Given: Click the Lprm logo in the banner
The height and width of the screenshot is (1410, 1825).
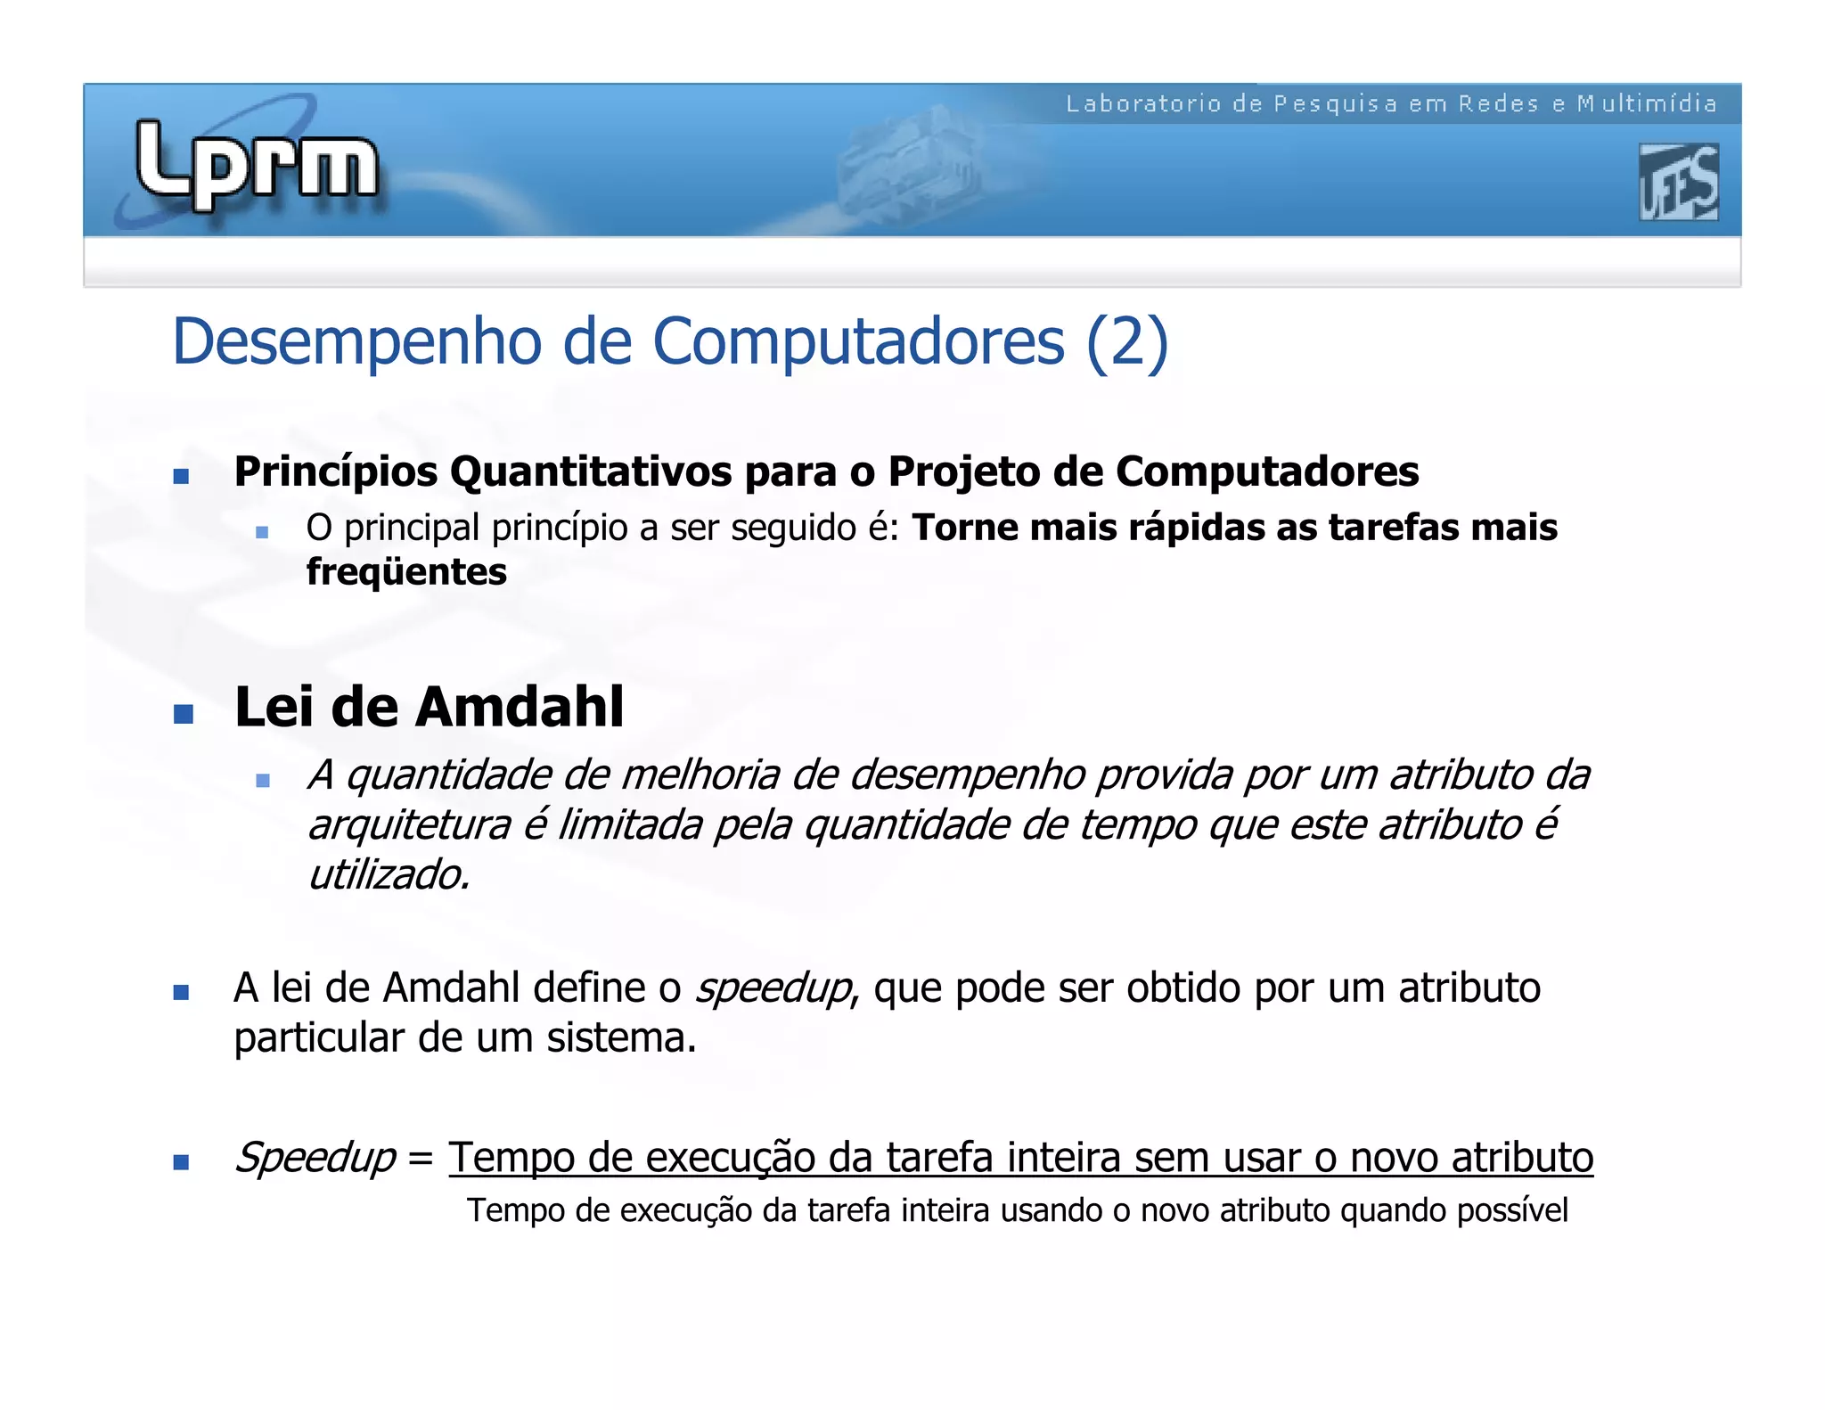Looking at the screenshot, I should coord(257,165).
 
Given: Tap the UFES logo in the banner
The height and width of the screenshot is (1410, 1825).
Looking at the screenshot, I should coord(1678,182).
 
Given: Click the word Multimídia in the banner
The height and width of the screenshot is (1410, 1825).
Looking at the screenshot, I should coord(1647,104).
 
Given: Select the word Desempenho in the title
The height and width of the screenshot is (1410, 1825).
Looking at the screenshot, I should coord(356,341).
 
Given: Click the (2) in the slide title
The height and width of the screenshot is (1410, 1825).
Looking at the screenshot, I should coord(1126,341).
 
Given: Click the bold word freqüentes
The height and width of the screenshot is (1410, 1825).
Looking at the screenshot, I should coord(406,571).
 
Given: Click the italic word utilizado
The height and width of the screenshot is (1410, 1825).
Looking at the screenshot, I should coord(388,874).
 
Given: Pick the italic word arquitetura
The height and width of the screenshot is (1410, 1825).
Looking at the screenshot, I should coord(409,824).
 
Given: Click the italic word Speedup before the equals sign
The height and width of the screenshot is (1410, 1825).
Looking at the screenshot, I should coord(315,1158).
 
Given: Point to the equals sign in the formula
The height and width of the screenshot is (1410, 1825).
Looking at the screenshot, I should coord(420,1159).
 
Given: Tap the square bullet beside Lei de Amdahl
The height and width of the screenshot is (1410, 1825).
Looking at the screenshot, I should coord(183,714).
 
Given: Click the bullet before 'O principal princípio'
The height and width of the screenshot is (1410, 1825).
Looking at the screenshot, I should coord(261,532).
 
